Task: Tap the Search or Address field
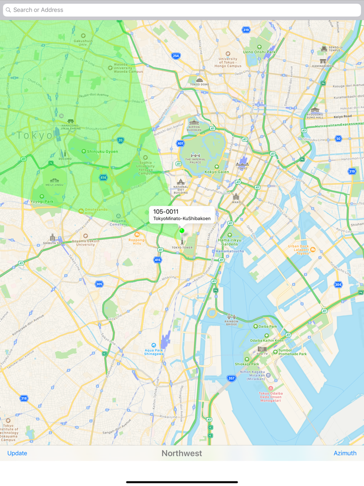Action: click(x=182, y=10)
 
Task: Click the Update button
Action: click(x=17, y=453)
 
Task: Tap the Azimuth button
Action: click(x=345, y=453)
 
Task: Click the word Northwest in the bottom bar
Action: click(x=181, y=453)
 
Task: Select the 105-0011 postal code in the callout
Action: click(x=166, y=212)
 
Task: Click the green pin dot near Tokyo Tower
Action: click(x=182, y=231)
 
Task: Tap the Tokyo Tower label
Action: click(x=182, y=248)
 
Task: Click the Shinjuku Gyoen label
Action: click(x=102, y=151)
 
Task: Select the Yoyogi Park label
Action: click(x=42, y=201)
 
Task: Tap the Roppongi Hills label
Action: click(x=137, y=241)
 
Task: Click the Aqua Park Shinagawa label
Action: click(x=153, y=351)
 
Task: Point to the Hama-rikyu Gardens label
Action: click(x=229, y=241)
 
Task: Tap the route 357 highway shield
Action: click(x=231, y=378)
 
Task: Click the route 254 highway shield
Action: click(x=176, y=56)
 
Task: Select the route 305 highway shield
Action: click(x=99, y=284)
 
